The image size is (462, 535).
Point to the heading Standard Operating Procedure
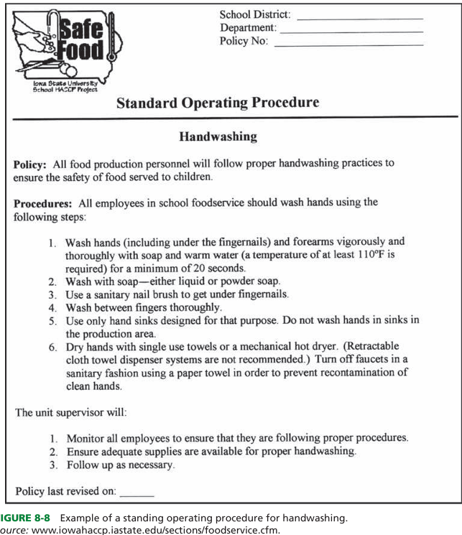pos(218,103)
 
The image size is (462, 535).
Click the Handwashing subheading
pos(218,136)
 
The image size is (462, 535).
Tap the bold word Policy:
pos(31,164)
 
